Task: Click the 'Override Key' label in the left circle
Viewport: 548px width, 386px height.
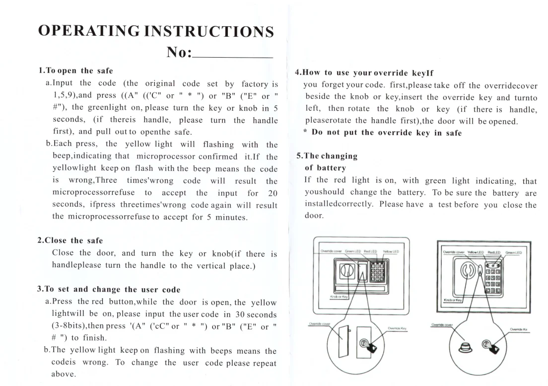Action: [x=397, y=328]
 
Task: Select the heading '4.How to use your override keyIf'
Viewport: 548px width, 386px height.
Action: [x=361, y=72]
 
